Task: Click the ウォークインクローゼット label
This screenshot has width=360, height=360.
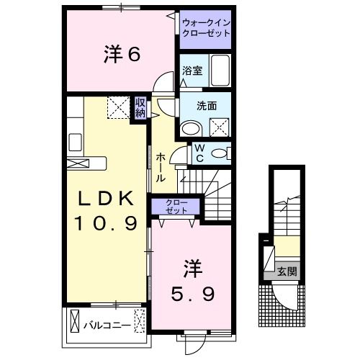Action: tap(206, 28)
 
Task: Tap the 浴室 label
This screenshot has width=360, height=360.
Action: tap(192, 71)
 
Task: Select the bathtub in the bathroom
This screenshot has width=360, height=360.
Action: tap(220, 70)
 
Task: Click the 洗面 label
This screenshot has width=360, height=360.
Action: tap(207, 106)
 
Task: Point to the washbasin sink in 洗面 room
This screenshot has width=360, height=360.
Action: tap(191, 128)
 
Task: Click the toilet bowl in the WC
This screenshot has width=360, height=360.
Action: tap(220, 153)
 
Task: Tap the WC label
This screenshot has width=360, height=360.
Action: tap(199, 153)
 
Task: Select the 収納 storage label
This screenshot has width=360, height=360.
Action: tap(140, 108)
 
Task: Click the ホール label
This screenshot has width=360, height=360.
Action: tap(161, 168)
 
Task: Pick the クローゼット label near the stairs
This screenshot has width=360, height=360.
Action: tap(176, 207)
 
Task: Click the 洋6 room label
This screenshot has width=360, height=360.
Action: tap(122, 55)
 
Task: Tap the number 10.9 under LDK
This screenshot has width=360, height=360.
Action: tap(107, 223)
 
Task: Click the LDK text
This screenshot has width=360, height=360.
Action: tap(106, 198)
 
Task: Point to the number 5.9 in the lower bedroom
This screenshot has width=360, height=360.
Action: tap(193, 294)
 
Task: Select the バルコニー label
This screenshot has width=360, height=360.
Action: tap(107, 325)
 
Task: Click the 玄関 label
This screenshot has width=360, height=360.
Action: tap(287, 271)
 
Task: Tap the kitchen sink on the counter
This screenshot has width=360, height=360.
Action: tap(75, 143)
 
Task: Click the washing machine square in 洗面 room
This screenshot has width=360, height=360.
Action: tap(220, 127)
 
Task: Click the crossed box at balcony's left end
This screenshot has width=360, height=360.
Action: tap(75, 321)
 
